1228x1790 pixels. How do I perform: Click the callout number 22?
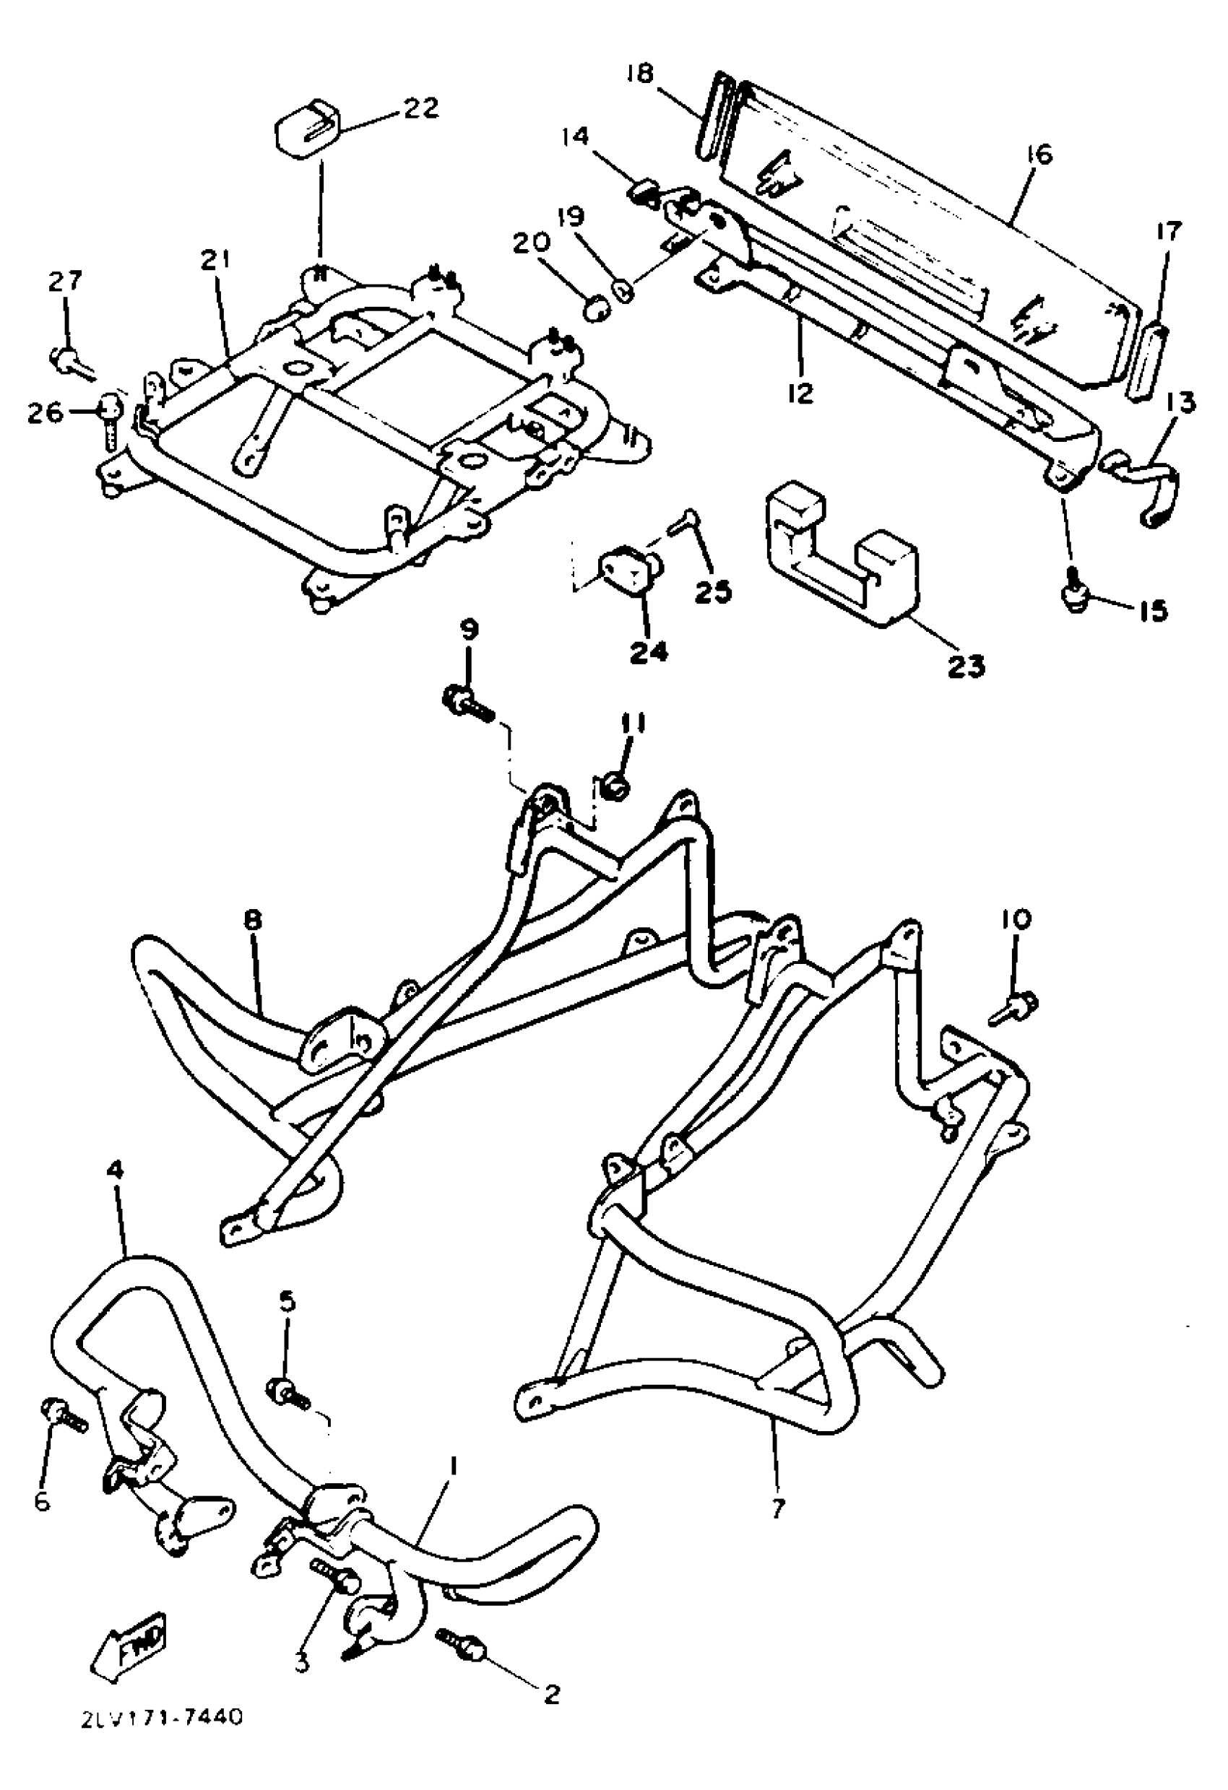(x=420, y=108)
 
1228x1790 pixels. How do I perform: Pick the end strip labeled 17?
(x=1147, y=362)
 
